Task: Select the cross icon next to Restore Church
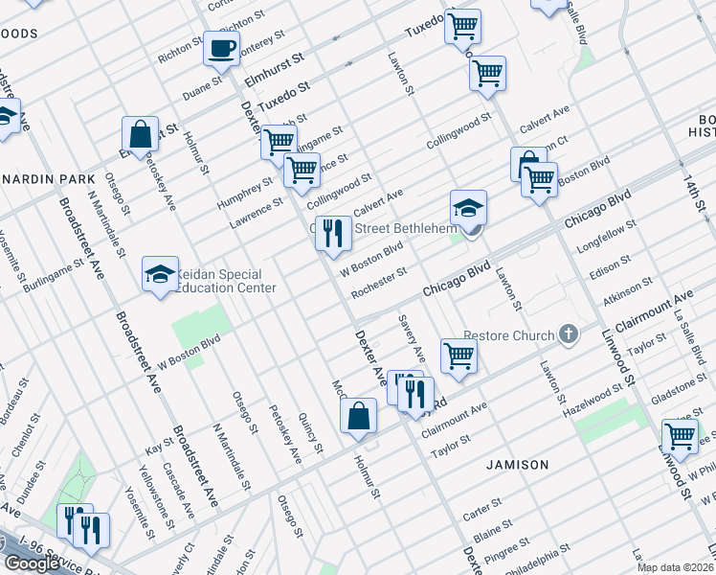[569, 334]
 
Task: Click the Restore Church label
[509, 335]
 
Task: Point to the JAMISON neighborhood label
[517, 465]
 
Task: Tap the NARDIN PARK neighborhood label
[48, 179]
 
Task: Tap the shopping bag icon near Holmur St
[358, 416]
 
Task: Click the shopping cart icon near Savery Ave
[459, 356]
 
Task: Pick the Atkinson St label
[628, 289]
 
